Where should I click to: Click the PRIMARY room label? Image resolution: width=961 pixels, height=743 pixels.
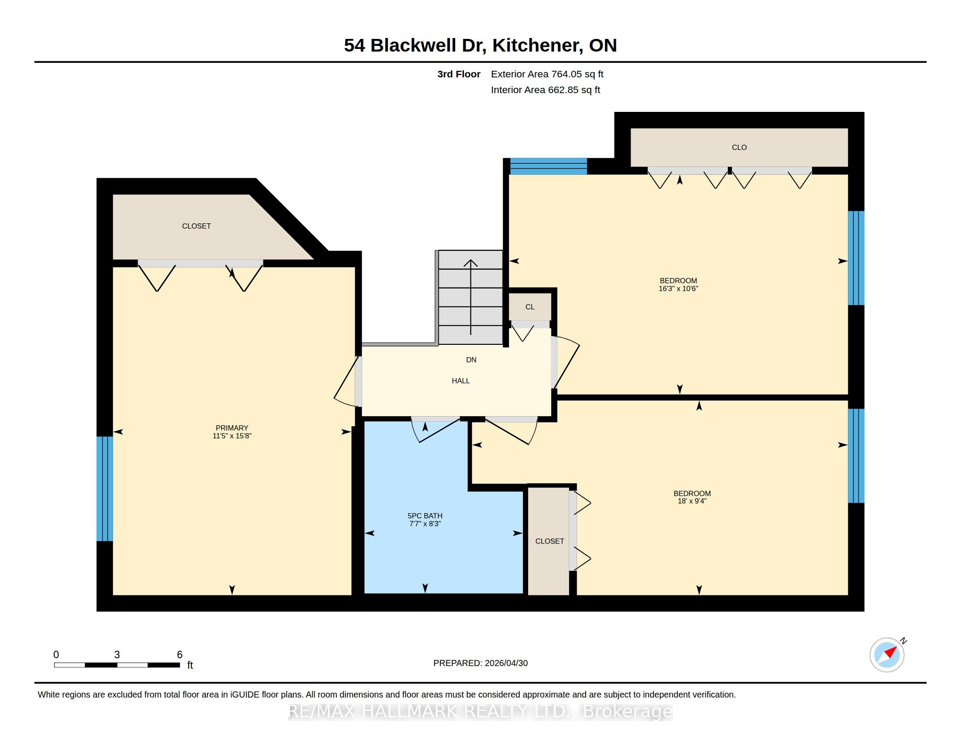(x=232, y=428)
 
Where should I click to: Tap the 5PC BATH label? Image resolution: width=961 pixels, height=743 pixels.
(x=425, y=516)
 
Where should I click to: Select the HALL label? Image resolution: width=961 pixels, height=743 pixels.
(x=461, y=381)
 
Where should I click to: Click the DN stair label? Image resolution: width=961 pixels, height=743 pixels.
(x=471, y=360)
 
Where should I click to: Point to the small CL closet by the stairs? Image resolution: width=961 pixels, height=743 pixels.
(x=530, y=307)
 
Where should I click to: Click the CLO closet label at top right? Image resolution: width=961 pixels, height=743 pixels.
(x=739, y=147)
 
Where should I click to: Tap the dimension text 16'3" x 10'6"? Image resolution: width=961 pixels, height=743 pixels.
(x=678, y=289)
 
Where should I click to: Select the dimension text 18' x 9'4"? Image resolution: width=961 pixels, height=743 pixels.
(x=692, y=501)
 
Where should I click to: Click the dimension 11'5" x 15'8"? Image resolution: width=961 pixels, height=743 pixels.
(x=232, y=436)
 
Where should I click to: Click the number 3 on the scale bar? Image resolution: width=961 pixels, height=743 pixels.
(x=117, y=655)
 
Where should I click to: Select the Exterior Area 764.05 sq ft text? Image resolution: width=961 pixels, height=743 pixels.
(x=547, y=74)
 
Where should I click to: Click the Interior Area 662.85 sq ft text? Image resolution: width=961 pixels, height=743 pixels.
(x=546, y=90)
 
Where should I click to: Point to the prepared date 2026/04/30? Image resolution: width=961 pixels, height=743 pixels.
(x=506, y=663)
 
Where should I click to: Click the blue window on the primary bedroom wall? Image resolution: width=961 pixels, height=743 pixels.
(x=105, y=489)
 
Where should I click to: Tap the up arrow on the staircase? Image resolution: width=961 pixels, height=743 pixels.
(x=471, y=297)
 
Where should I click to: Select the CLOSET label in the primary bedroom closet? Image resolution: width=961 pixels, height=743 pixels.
(x=196, y=226)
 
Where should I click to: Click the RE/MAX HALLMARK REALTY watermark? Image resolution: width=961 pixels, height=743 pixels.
(x=480, y=712)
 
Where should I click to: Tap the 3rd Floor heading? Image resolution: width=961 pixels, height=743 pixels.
(x=459, y=74)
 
